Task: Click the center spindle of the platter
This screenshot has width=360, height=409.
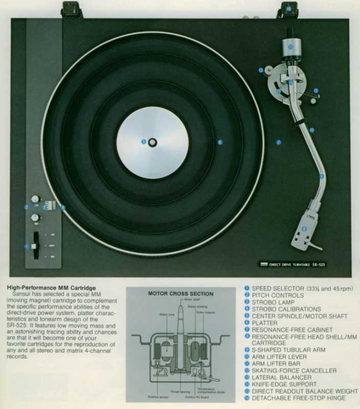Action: click(x=152, y=142)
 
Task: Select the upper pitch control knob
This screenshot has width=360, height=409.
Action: click(x=35, y=199)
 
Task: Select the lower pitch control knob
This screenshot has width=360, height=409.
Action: click(x=35, y=218)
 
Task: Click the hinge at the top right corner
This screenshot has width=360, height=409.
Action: click(x=288, y=10)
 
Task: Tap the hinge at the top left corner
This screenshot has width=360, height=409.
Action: click(x=72, y=10)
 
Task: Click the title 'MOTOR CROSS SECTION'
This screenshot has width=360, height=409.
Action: click(x=181, y=294)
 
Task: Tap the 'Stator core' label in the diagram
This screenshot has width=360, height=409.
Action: click(x=167, y=315)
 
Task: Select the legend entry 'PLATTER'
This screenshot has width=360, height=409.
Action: click(x=264, y=323)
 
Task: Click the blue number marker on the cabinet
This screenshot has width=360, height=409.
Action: click(x=279, y=143)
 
